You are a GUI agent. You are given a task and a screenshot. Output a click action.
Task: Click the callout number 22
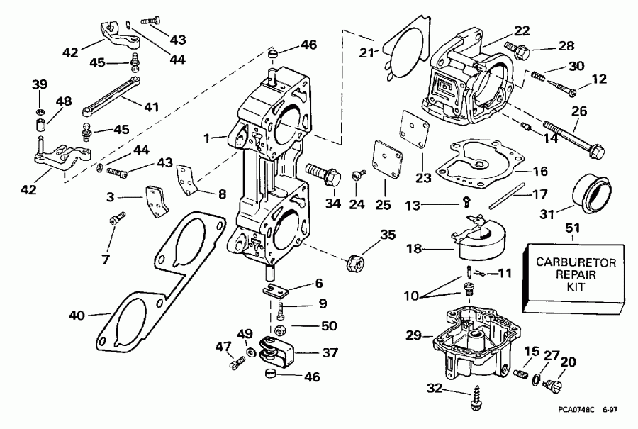click(x=522, y=31)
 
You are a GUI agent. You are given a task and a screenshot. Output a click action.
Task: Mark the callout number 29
click(x=414, y=333)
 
